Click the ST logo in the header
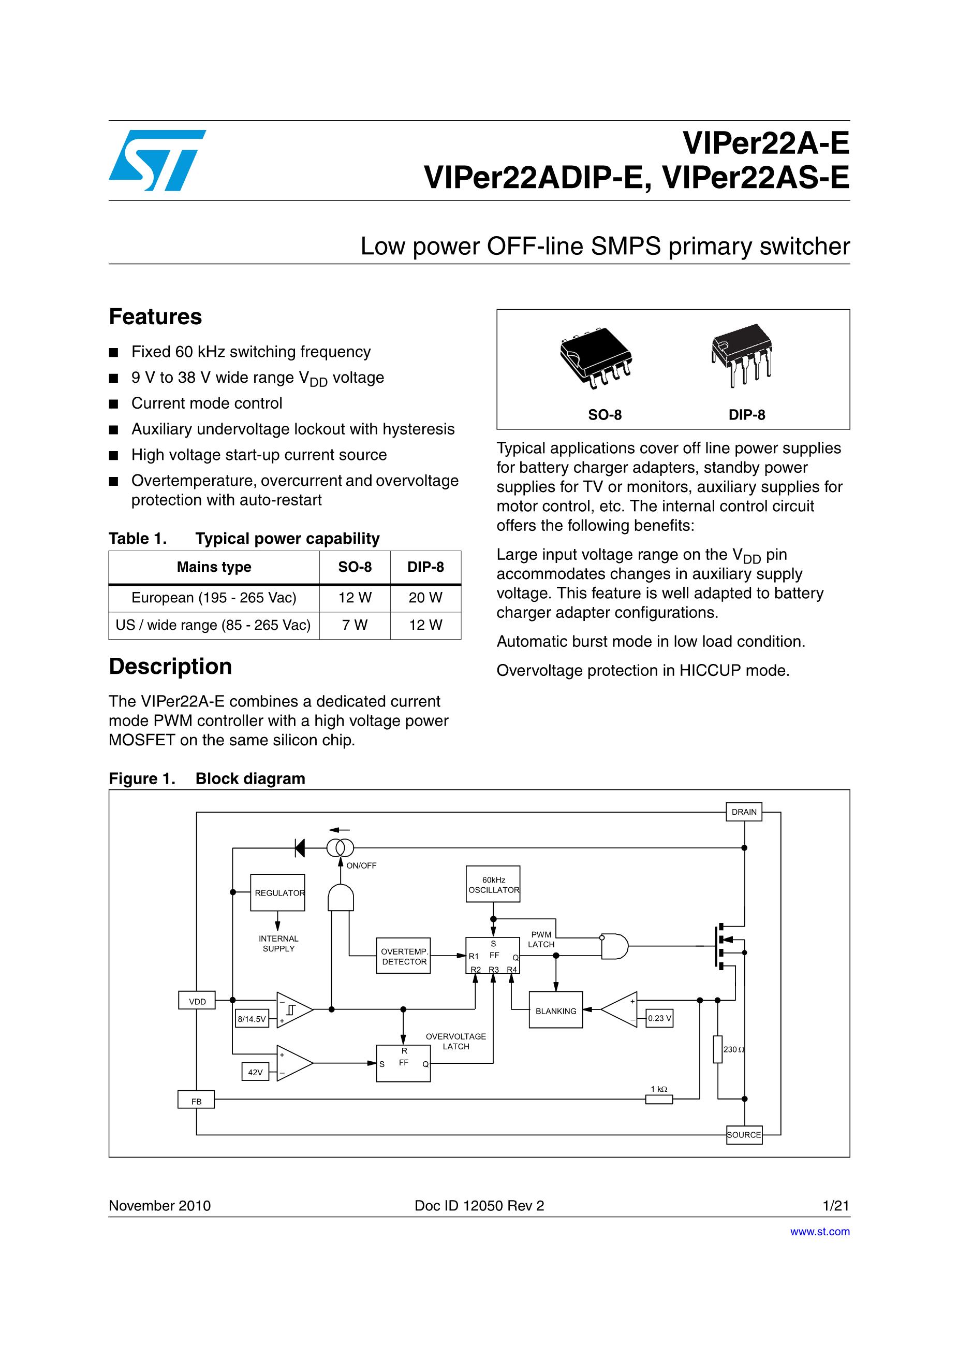(x=157, y=160)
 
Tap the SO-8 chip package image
(x=596, y=358)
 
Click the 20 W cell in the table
(x=425, y=598)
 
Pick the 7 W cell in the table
(x=355, y=625)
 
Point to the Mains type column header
(x=214, y=567)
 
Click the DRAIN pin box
(x=744, y=812)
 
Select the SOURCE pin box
(x=744, y=1135)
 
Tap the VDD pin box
(x=197, y=1001)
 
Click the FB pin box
(x=196, y=1102)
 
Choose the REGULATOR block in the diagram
(x=277, y=892)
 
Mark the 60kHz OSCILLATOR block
(x=493, y=885)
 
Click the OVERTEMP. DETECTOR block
(x=404, y=956)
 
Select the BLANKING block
(x=555, y=1010)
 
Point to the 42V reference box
(x=255, y=1072)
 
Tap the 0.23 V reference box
(x=659, y=1018)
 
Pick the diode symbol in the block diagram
(x=300, y=848)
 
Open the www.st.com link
(x=820, y=1231)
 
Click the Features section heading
(x=155, y=317)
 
